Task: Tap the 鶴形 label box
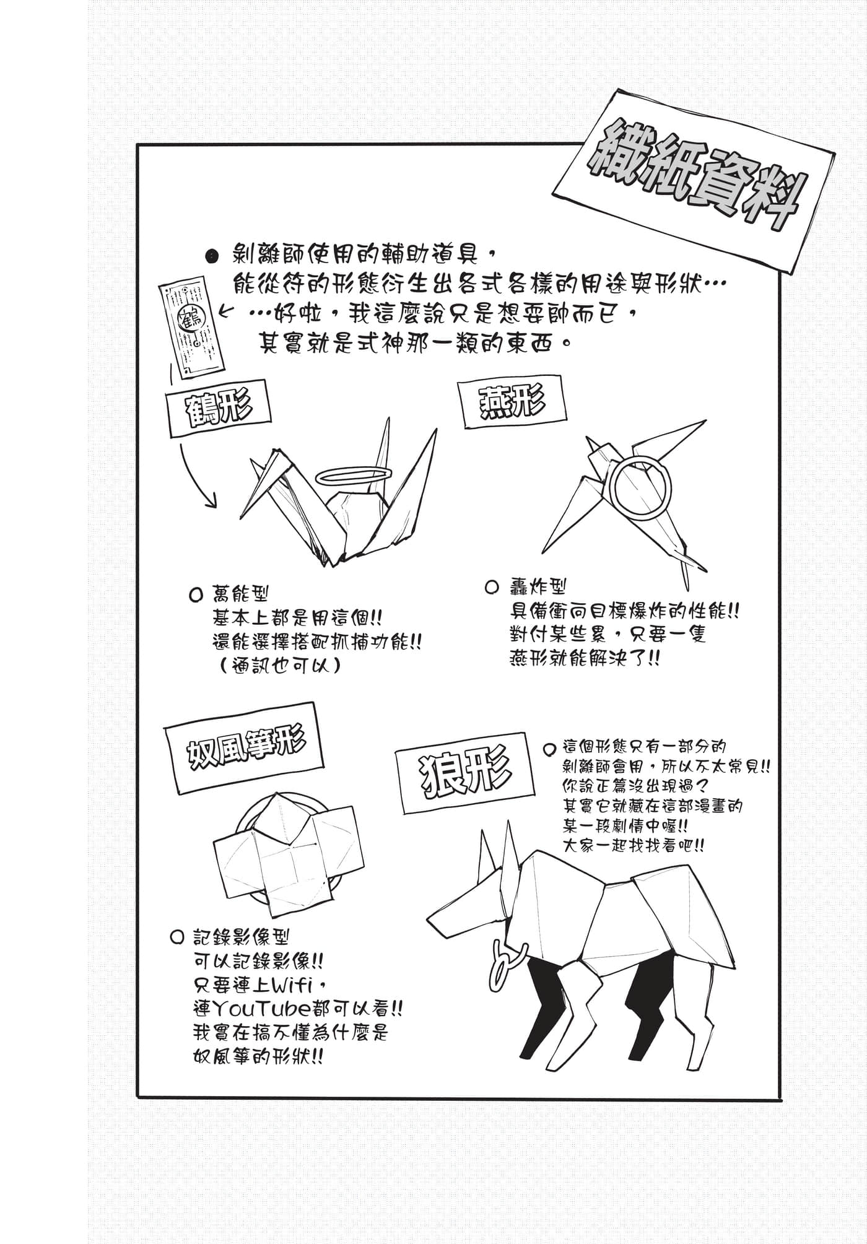click(x=219, y=409)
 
